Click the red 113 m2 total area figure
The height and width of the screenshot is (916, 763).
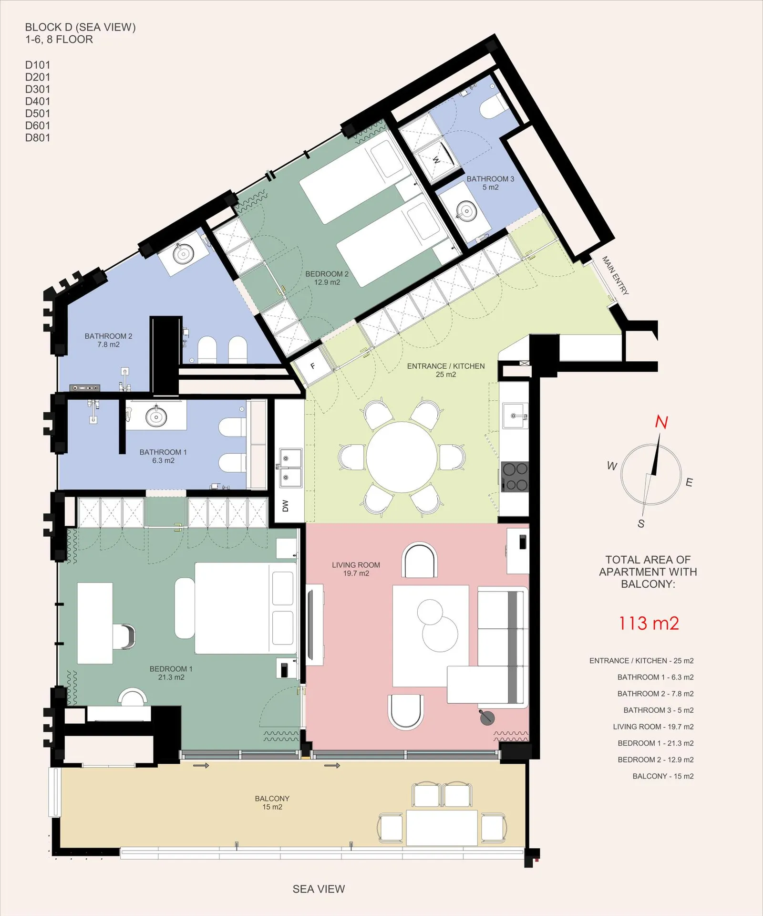(649, 623)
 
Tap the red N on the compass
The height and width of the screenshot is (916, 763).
(661, 422)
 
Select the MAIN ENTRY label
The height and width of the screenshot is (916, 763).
(615, 275)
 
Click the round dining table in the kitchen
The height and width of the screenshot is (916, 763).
(402, 457)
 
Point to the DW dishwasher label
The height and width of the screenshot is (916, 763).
(286, 506)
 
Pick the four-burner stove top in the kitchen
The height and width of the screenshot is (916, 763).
(515, 476)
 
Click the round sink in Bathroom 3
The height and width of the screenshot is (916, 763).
(465, 210)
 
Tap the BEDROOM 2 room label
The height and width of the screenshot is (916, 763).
(327, 278)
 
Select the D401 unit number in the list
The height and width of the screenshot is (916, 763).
(38, 101)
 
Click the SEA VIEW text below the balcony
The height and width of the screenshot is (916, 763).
(319, 889)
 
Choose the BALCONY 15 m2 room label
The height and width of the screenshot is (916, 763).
(272, 802)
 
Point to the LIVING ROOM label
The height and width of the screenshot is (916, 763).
(356, 569)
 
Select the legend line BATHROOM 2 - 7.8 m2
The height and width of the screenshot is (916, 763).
(656, 694)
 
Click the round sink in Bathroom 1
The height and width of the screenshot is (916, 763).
(156, 416)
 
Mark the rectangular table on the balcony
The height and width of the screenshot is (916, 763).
(442, 828)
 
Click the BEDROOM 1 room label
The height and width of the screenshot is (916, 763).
(171, 673)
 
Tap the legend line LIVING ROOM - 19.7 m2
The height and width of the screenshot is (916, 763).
(653, 727)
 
